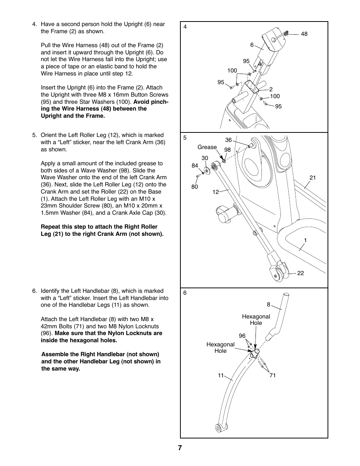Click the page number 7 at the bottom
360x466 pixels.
180,448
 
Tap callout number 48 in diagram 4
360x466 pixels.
304,34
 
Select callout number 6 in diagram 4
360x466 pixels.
252,45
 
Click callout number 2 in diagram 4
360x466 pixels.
271,89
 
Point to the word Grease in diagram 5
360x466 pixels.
207,147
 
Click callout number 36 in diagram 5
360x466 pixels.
228,140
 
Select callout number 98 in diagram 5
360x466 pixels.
227,150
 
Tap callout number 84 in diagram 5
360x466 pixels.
195,165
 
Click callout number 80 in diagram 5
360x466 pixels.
194,187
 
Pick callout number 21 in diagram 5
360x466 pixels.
312,178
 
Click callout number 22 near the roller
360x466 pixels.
300,273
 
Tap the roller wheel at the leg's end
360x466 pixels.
278,274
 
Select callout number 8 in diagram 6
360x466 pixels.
269,305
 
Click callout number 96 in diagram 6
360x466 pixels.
242,335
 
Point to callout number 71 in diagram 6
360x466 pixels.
272,375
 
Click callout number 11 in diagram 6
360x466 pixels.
221,375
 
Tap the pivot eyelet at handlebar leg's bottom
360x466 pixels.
218,428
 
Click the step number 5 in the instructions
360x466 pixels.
34,135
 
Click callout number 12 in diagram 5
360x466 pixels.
215,192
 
